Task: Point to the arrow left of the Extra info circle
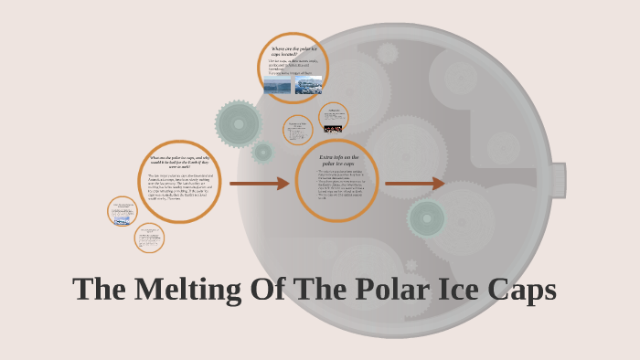click(x=259, y=184)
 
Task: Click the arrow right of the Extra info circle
click(x=414, y=184)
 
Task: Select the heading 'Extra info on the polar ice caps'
click(x=336, y=161)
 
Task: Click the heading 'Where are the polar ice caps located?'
click(x=293, y=51)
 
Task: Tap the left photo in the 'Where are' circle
click(x=277, y=86)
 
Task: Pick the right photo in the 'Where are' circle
click(x=308, y=86)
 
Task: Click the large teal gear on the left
click(x=239, y=122)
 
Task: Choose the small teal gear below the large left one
click(x=262, y=152)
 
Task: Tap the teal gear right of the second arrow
click(x=426, y=218)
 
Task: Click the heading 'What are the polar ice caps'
click(x=179, y=162)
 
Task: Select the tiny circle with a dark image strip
click(x=334, y=118)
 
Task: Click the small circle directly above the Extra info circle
click(x=298, y=130)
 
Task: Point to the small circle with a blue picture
click(x=122, y=211)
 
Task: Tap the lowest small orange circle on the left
click(x=148, y=238)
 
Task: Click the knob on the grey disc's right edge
click(x=557, y=180)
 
